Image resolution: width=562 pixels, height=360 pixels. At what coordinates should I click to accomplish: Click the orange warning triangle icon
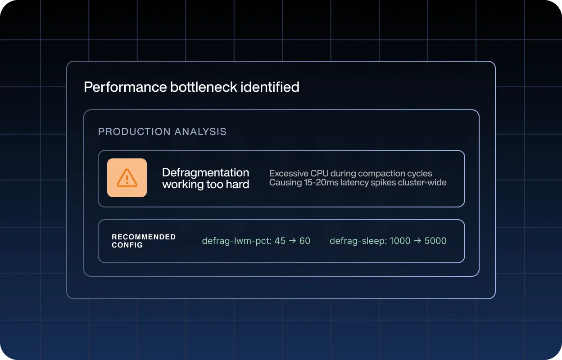[x=127, y=178]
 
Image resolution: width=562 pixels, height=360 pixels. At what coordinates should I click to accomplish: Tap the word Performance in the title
[x=125, y=87]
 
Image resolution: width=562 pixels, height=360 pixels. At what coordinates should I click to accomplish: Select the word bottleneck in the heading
[x=204, y=87]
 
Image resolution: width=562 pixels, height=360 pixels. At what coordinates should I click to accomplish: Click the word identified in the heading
[x=270, y=87]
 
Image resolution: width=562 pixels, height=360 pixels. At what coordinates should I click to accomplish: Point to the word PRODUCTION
[x=134, y=131]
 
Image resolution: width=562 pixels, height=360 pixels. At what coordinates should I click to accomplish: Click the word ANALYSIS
[x=200, y=131]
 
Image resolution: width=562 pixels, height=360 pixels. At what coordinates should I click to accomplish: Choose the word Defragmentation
[x=205, y=172]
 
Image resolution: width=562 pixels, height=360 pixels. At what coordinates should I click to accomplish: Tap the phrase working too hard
[x=205, y=184]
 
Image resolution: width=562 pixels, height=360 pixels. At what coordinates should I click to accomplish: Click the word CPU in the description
[x=319, y=174]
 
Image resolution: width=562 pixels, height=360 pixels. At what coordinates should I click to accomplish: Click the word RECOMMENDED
[x=144, y=237]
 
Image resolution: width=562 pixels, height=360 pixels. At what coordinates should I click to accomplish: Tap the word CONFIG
[x=127, y=245]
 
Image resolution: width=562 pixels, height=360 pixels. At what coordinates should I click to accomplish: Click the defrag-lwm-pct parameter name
[x=236, y=241]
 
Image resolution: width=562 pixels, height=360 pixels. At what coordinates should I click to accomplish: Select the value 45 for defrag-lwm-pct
[x=280, y=241]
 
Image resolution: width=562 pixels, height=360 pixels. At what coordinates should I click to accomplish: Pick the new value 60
[x=305, y=241]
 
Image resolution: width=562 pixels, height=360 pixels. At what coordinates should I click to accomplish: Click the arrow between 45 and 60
[x=292, y=241]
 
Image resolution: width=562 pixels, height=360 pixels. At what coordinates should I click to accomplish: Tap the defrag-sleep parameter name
[x=358, y=241]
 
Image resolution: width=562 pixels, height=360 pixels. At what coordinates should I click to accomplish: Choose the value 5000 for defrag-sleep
[x=435, y=241]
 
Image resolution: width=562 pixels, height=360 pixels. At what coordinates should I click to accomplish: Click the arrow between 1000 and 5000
[x=417, y=241]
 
